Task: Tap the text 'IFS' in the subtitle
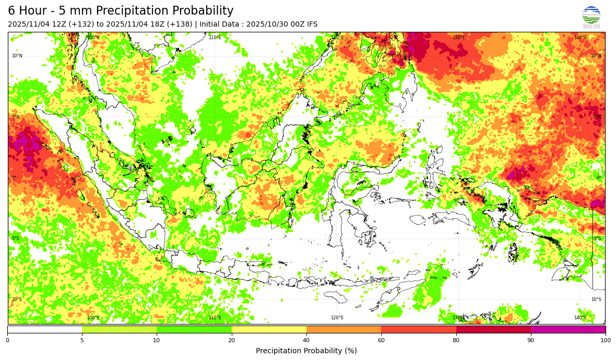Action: (x=311, y=25)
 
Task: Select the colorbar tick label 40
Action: (x=306, y=340)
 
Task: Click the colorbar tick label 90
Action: (x=531, y=340)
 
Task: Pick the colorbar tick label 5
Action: (x=82, y=340)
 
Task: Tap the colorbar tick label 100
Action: (x=605, y=340)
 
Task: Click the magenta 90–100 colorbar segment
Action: (x=568, y=329)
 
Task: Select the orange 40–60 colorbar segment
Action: (x=343, y=329)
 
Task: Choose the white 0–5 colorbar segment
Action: (x=44, y=329)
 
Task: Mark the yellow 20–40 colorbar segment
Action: (x=269, y=329)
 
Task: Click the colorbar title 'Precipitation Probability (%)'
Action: (x=306, y=351)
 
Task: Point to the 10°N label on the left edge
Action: (x=17, y=56)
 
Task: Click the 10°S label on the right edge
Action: (x=596, y=299)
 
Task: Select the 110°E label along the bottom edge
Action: (x=215, y=318)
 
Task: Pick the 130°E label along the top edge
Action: (x=459, y=38)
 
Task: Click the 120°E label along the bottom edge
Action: (x=337, y=318)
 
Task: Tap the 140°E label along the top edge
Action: (x=581, y=38)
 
